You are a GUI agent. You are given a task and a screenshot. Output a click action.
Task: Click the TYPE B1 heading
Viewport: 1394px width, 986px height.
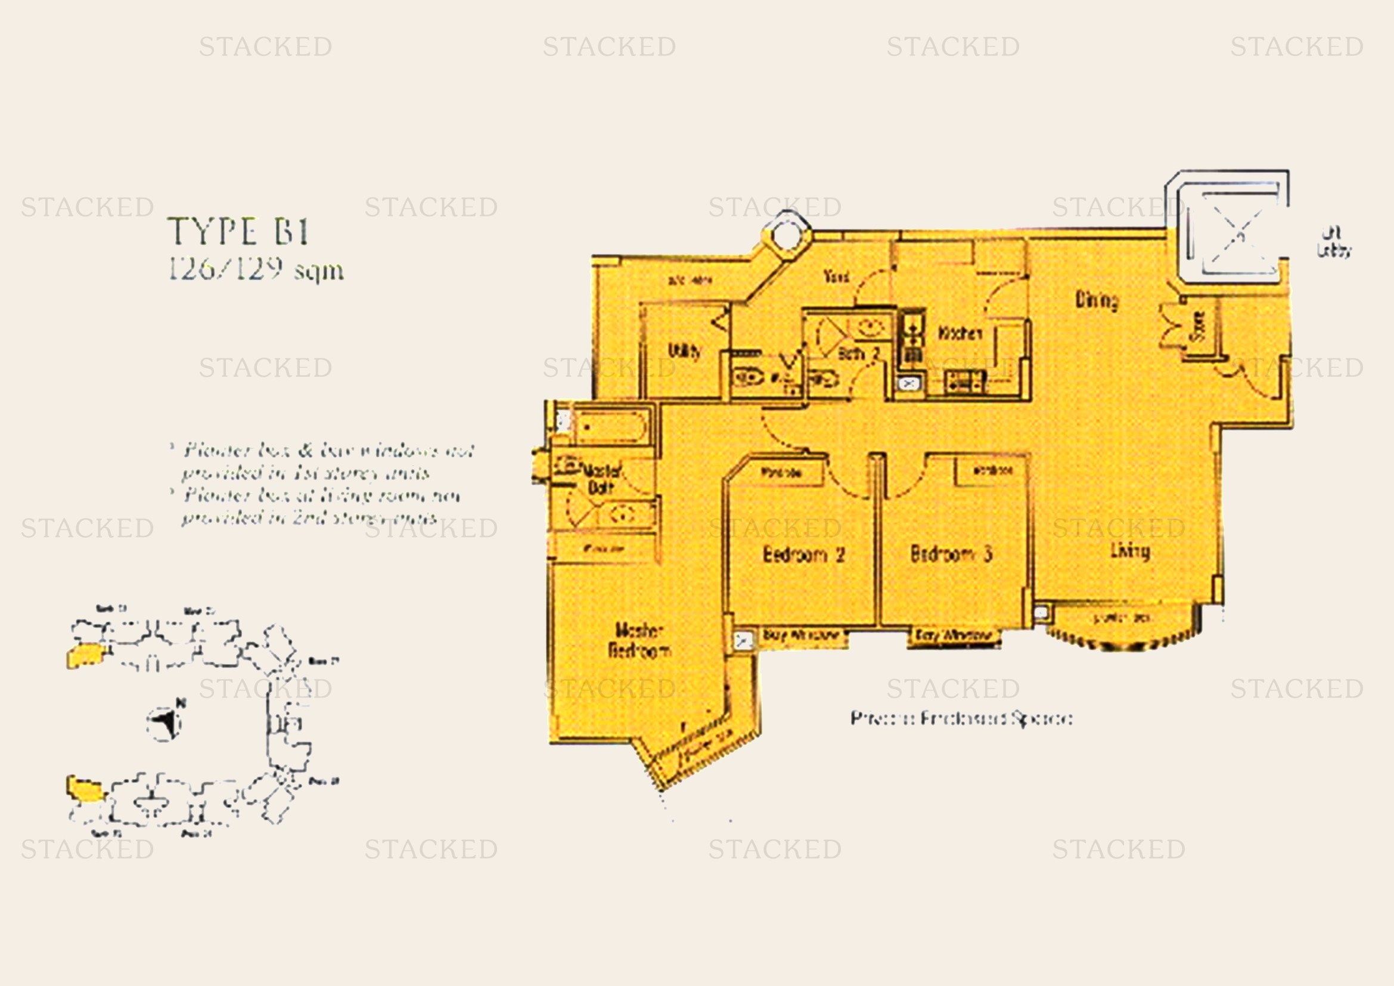click(x=238, y=232)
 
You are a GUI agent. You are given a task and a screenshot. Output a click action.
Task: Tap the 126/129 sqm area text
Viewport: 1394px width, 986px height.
click(x=256, y=269)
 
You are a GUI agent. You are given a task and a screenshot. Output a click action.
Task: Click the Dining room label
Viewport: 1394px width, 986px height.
click(x=1097, y=300)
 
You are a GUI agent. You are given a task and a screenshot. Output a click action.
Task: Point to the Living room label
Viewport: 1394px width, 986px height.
click(x=1130, y=551)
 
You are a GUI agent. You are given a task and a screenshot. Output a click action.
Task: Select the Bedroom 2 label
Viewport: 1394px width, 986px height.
click(x=803, y=554)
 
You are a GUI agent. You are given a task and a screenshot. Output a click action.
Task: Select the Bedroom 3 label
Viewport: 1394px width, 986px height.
click(x=951, y=554)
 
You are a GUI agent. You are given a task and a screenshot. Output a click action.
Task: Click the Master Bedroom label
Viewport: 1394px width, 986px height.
click(x=639, y=640)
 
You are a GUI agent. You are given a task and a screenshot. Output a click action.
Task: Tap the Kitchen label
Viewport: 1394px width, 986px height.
click(x=960, y=333)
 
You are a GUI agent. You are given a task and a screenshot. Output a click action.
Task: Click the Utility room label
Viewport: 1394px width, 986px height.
click(x=684, y=351)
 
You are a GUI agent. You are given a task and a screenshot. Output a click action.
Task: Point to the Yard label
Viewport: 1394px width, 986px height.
click(x=836, y=276)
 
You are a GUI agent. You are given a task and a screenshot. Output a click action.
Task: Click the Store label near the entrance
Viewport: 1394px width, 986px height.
click(x=1198, y=326)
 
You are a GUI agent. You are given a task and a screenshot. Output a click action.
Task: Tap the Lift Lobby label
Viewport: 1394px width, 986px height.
click(x=1333, y=242)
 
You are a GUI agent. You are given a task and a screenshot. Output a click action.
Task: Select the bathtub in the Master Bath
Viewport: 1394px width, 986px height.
click(x=610, y=427)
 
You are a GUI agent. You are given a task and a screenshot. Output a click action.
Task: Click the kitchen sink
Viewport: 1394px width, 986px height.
click(x=909, y=384)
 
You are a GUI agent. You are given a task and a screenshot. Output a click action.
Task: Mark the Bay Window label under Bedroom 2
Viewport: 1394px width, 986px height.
click(x=801, y=635)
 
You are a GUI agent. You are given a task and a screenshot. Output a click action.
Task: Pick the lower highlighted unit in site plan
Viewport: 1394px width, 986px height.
click(x=85, y=789)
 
